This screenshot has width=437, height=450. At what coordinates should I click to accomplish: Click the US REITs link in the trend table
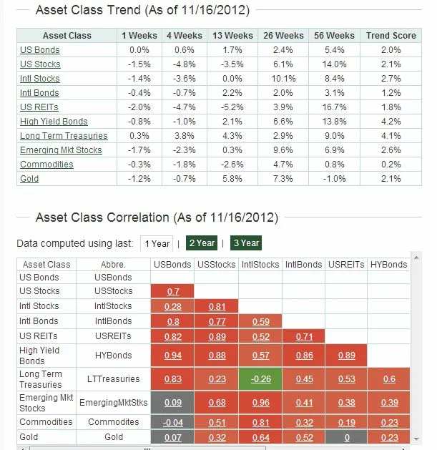pyautogui.click(x=39, y=107)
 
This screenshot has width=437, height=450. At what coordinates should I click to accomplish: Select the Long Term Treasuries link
pyautogui.click(x=64, y=136)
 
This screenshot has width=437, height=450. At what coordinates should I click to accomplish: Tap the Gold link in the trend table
pyautogui.click(x=29, y=179)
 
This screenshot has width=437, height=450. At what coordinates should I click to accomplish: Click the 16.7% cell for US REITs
pyautogui.click(x=334, y=107)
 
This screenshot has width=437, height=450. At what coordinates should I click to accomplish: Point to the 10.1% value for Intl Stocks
pyautogui.click(x=283, y=79)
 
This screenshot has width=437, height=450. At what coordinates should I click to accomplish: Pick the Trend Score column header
pyautogui.click(x=391, y=36)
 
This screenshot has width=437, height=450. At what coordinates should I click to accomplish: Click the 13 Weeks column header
pyautogui.click(x=232, y=36)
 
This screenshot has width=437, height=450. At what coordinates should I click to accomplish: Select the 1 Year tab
pyautogui.click(x=157, y=243)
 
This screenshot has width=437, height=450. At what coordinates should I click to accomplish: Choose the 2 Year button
pyautogui.click(x=202, y=243)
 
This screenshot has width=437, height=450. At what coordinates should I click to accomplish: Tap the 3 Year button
pyautogui.click(x=246, y=243)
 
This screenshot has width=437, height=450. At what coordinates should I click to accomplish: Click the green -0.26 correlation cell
pyautogui.click(x=260, y=379)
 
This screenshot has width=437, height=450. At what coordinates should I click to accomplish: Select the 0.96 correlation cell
pyautogui.click(x=260, y=403)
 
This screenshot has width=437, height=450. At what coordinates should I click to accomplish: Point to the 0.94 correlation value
pyautogui.click(x=173, y=356)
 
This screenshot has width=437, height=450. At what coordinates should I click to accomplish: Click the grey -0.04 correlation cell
pyautogui.click(x=173, y=422)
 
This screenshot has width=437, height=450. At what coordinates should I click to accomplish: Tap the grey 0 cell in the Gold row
pyautogui.click(x=346, y=437)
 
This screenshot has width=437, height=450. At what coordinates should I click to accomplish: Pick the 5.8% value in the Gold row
pyautogui.click(x=232, y=179)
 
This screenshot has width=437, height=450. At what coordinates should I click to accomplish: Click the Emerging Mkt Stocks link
pyautogui.click(x=61, y=150)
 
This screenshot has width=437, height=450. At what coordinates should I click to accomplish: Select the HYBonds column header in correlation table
pyautogui.click(x=389, y=264)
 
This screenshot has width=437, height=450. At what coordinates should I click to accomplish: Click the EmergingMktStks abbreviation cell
pyautogui.click(x=113, y=403)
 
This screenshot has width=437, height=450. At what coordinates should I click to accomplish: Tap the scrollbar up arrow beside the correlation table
pyautogui.click(x=416, y=258)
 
